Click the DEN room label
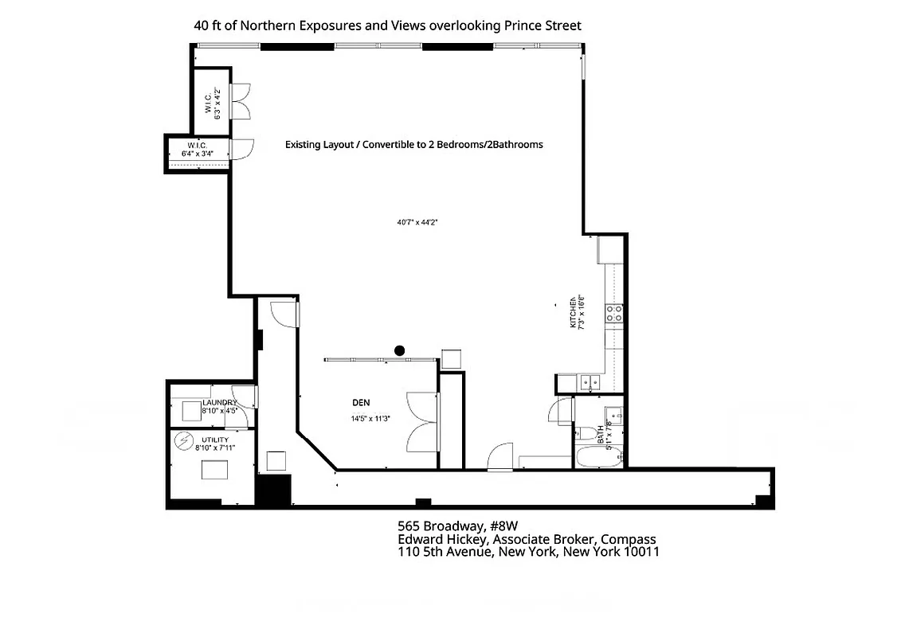tap(361, 403)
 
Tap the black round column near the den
tap(400, 350)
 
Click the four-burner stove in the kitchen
tap(614, 313)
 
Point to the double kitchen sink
tap(590, 382)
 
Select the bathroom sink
tap(615, 413)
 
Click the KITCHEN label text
tap(572, 312)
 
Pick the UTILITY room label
tap(215, 440)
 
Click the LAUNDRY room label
tap(219, 403)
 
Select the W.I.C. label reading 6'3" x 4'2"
tap(211, 102)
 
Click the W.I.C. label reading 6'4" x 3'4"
tap(198, 150)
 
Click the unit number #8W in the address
tap(501, 526)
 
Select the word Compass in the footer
tap(629, 539)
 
